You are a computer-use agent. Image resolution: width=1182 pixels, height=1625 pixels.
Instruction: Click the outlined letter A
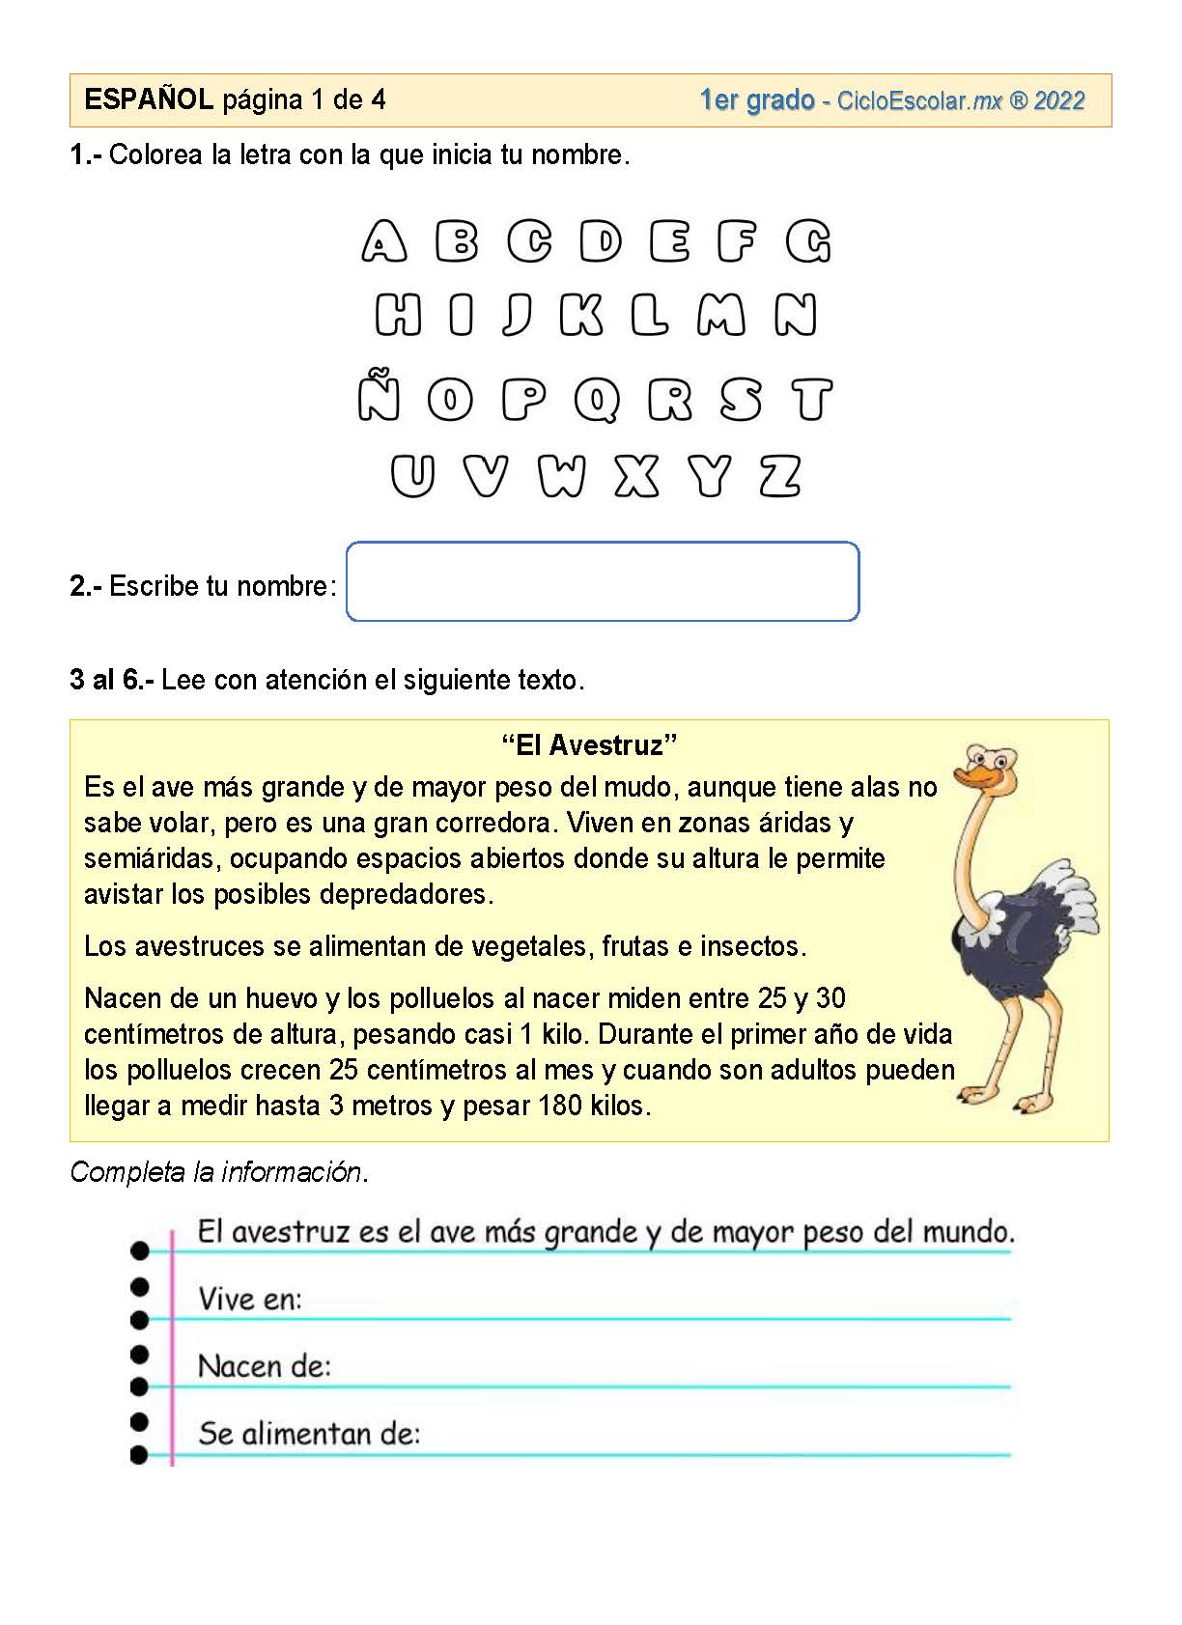click(383, 241)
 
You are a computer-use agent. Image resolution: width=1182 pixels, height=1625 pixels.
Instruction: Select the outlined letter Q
click(598, 400)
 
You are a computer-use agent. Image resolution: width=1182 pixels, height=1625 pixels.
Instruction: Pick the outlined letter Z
click(780, 476)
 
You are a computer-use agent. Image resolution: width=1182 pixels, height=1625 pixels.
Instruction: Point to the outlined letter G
click(808, 241)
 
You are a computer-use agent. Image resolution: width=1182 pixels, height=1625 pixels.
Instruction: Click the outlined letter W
click(562, 476)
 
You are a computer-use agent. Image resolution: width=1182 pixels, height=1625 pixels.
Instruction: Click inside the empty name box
click(602, 581)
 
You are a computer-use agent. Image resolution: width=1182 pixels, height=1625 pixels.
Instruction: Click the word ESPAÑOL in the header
click(149, 99)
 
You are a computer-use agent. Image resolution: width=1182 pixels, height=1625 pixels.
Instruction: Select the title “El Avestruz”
click(589, 744)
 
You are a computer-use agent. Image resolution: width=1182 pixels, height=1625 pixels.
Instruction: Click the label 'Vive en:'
click(250, 1300)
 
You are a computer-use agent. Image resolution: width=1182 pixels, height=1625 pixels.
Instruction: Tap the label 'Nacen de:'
click(264, 1366)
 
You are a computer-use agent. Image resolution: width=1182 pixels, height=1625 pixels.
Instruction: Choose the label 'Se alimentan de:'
click(309, 1434)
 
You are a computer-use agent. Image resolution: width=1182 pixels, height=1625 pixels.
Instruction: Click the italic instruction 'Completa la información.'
click(219, 1172)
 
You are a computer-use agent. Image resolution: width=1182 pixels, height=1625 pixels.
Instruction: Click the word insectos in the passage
click(752, 946)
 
